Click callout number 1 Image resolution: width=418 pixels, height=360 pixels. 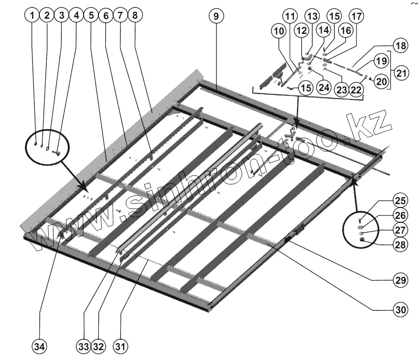coord(32,16)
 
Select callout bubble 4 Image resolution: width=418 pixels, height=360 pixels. coord(76,16)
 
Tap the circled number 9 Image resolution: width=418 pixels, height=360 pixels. coord(215,16)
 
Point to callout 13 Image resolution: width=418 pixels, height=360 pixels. coord(312,16)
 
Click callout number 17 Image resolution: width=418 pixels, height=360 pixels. coord(357,16)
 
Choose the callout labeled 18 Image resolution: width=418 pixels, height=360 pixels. coord(401,46)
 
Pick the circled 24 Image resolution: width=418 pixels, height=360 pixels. coord(323,88)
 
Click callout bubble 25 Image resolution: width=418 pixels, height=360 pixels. coord(400,201)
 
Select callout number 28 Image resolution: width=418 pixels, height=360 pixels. coord(400,244)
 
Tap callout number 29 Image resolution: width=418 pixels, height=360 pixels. coord(400,280)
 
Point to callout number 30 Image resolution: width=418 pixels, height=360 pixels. coord(400,310)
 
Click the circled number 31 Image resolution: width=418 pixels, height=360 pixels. coord(120,346)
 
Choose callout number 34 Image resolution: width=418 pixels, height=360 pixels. coord(39,346)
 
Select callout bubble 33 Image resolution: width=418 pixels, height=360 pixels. coord(84,346)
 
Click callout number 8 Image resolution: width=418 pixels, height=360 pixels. coord(134,16)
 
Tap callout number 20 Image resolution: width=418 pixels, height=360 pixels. coord(381,82)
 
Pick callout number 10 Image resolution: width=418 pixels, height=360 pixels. coord(279,30)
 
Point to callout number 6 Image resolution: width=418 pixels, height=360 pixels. coord(105,16)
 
